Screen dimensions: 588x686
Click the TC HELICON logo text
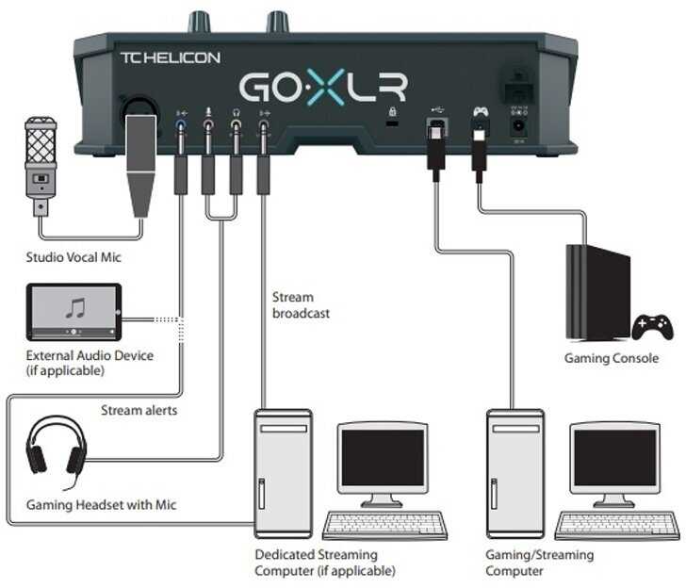click(170, 57)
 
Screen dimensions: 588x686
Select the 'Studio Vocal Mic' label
click(73, 257)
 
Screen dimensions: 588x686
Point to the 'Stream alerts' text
click(139, 410)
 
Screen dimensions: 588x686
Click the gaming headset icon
click(57, 448)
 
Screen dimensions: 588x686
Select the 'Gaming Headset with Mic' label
click(101, 505)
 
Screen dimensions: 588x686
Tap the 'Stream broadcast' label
click(301, 305)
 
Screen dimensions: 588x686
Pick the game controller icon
click(652, 327)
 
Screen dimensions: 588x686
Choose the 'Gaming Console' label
click(612, 358)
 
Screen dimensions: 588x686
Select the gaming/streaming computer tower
click(514, 471)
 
